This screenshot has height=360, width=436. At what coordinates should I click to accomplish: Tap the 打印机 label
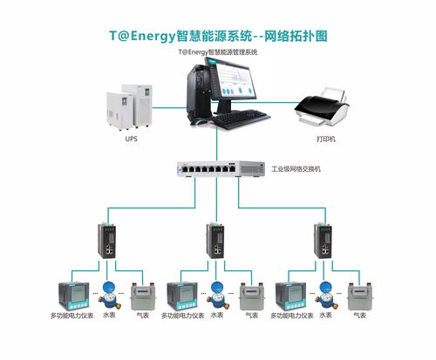click(x=324, y=139)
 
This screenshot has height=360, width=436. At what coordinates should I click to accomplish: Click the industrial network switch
click(x=221, y=169)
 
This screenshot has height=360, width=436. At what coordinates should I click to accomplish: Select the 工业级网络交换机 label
click(x=296, y=168)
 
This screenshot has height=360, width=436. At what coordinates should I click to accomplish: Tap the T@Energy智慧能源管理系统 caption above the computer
click(x=218, y=52)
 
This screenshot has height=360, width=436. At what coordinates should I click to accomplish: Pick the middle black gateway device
click(x=216, y=241)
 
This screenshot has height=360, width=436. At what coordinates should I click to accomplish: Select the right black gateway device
click(x=324, y=241)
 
